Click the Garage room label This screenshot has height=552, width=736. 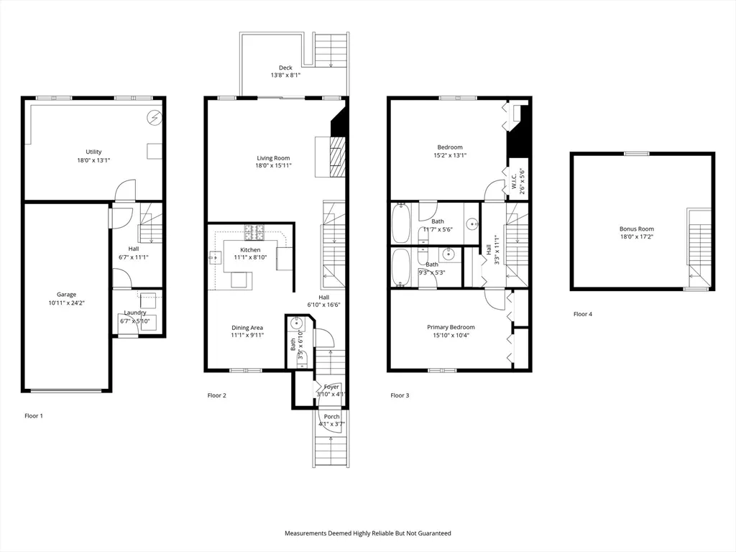tap(67, 294)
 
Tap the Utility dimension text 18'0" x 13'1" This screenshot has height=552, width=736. tap(93, 161)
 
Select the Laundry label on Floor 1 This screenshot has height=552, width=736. tap(135, 313)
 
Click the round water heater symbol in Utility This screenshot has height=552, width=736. tap(154, 116)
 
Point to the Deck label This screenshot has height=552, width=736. tap(285, 68)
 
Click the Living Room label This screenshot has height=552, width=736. tap(273, 158)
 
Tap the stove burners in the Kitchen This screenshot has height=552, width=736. tap(254, 232)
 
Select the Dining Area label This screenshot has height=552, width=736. tap(247, 327)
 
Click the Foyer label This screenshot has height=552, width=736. tap(331, 387)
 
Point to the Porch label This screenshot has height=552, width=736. tap(331, 417)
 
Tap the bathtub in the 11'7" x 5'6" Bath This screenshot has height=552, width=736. tap(400, 224)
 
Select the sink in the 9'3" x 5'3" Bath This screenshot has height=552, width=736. tap(448, 254)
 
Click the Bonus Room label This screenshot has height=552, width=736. tap(637, 229)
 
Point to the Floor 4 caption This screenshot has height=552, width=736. tap(583, 314)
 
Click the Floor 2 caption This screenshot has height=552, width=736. tap(217, 395)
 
